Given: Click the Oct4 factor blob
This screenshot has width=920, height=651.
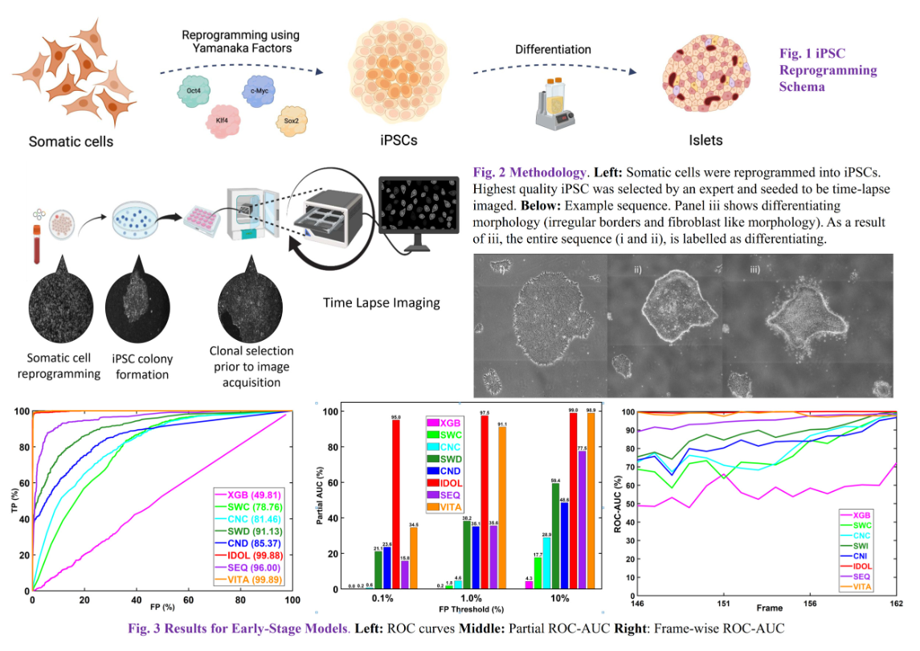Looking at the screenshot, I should (x=194, y=91).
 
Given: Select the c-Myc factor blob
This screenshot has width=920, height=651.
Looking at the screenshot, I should (x=259, y=90).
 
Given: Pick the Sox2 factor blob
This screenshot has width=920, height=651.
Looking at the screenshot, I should (x=290, y=121).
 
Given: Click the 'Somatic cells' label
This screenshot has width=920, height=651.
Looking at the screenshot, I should (x=71, y=142).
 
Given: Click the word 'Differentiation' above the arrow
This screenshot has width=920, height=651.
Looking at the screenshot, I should (x=553, y=51).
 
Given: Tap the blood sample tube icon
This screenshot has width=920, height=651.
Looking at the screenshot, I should (x=37, y=242).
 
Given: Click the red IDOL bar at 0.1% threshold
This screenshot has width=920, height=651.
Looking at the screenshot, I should (x=395, y=504).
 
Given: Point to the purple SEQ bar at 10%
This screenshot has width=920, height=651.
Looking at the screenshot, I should (x=581, y=519).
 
